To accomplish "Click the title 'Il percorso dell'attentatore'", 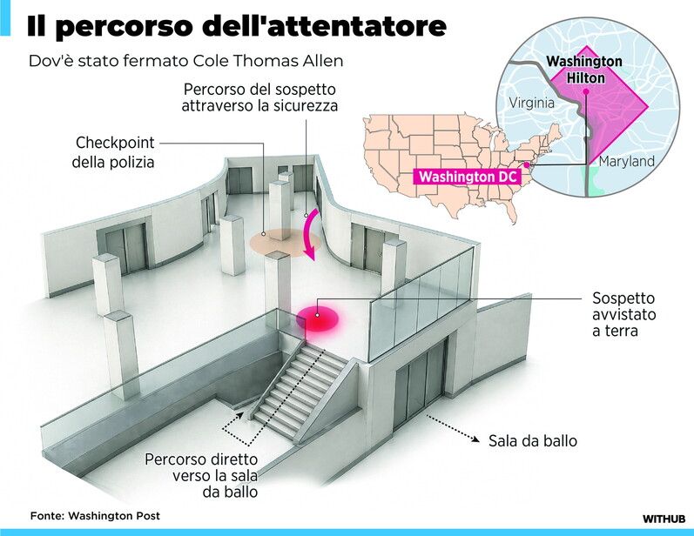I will tap(236, 27).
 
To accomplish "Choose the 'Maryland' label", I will tap(626, 162).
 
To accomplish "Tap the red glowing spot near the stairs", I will tap(318, 318).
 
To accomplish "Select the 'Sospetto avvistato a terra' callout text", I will tap(623, 312).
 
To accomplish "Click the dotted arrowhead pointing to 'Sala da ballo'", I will tap(477, 440).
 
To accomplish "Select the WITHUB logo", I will tap(665, 518).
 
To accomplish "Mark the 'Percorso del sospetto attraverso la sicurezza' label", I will tap(259, 97).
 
